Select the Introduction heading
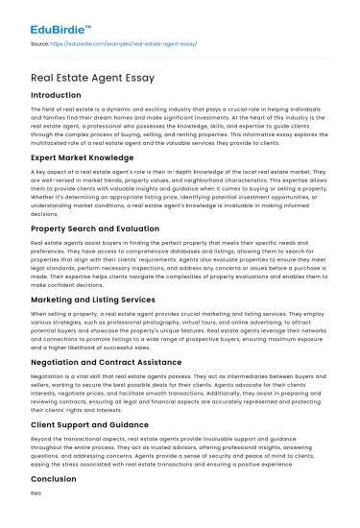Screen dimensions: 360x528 pos(56,96)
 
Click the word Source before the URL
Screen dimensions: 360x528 pos(40,44)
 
